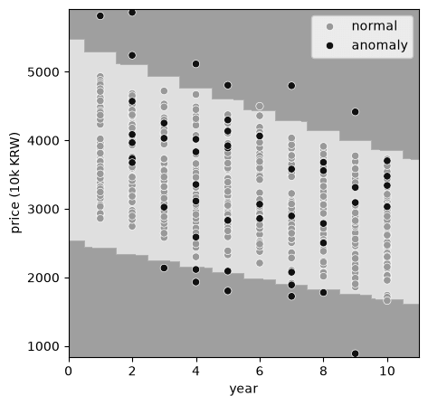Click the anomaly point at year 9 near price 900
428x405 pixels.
(x=356, y=353)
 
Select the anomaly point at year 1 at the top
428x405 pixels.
(x=100, y=16)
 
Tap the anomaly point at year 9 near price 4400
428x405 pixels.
(x=356, y=112)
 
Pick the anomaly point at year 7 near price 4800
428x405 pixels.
(x=291, y=86)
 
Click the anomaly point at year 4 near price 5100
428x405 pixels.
(x=196, y=64)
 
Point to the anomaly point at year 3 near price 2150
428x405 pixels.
(x=164, y=268)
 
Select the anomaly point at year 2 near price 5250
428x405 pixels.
(x=132, y=55)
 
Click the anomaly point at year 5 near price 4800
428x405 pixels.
(x=228, y=85)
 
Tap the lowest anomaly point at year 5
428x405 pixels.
(x=228, y=291)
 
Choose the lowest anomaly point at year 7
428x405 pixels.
(x=291, y=297)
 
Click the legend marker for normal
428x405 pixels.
(x=330, y=27)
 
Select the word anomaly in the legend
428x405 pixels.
(x=380, y=45)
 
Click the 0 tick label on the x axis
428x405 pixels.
(x=69, y=371)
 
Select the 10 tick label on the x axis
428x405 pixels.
(x=387, y=371)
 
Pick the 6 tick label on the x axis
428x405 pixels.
(x=260, y=371)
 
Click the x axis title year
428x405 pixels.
(x=243, y=390)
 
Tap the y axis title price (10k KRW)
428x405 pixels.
(x=15, y=183)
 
